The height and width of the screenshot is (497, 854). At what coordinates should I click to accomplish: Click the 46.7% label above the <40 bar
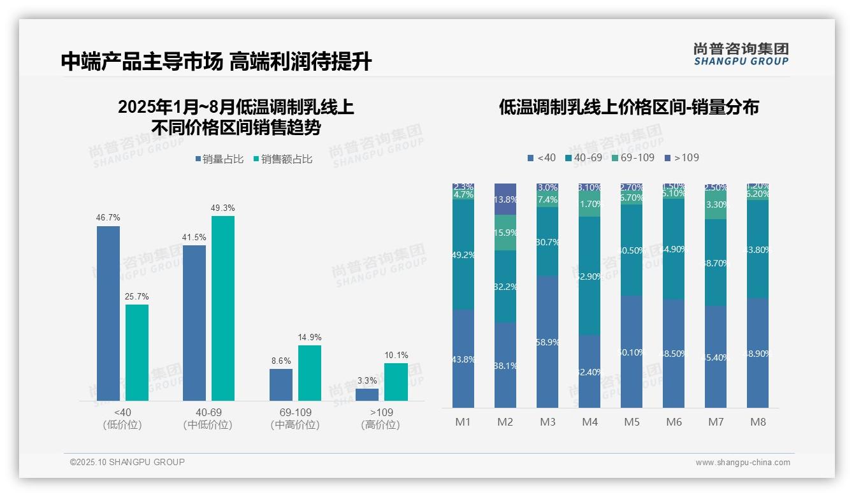click(x=108, y=218)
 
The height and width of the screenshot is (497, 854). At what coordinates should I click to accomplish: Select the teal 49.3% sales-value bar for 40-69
click(x=223, y=308)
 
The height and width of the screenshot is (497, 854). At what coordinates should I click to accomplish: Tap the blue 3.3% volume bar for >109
click(x=367, y=394)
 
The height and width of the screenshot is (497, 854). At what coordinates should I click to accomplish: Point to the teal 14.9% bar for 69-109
click(x=310, y=373)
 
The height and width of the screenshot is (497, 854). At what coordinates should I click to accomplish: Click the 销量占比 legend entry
click(x=219, y=159)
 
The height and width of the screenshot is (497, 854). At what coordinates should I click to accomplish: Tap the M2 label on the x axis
click(x=505, y=422)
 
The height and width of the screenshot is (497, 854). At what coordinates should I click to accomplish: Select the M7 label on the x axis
click(x=716, y=422)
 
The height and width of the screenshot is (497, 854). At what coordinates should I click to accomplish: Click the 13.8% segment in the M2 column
click(x=505, y=199)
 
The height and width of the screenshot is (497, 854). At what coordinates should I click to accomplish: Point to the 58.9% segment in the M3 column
click(x=547, y=342)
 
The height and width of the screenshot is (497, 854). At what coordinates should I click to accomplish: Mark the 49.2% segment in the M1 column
click(x=463, y=255)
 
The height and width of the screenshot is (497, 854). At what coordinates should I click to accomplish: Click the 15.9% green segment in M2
click(x=505, y=233)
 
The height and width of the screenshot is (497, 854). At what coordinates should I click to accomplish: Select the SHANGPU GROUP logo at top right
click(x=741, y=54)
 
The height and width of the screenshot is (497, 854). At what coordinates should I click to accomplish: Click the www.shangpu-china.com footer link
click(x=742, y=463)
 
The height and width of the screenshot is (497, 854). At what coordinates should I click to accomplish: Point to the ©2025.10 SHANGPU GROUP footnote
click(x=127, y=462)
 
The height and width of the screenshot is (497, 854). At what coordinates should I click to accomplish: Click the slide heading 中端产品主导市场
click(x=142, y=62)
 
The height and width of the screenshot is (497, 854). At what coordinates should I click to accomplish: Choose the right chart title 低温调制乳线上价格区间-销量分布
click(x=628, y=107)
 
